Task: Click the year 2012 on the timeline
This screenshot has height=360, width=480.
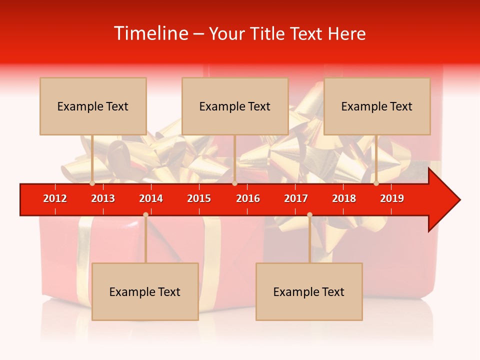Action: pos(55,198)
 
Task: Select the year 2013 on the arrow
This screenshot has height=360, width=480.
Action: pos(103,198)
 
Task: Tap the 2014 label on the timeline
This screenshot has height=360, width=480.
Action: pos(151,198)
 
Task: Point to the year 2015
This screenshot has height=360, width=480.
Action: pos(199,198)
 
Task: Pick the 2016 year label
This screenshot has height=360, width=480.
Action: pos(248,198)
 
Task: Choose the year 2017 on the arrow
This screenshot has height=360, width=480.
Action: pos(296,198)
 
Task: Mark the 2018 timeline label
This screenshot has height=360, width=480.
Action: pos(344,198)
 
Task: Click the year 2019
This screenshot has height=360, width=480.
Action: pos(392,198)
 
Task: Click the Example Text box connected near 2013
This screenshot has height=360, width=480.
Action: pos(93,106)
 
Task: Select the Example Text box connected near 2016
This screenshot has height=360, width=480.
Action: pos(235,106)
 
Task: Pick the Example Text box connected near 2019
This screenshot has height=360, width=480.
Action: pos(377,106)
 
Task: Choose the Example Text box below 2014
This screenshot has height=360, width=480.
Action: pos(145,291)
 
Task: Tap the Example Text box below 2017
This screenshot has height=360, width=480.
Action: pos(309,291)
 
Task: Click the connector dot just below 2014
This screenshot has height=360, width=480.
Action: pos(145,214)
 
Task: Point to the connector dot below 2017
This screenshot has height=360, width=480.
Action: pos(309,214)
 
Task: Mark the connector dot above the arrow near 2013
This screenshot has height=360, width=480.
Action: pos(92,183)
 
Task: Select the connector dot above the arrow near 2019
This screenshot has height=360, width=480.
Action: pos(376,183)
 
